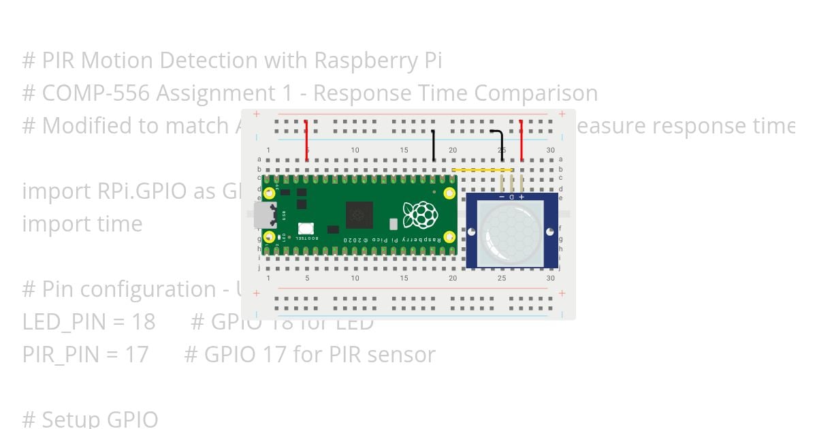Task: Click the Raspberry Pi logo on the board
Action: point(420,214)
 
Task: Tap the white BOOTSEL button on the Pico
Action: point(306,229)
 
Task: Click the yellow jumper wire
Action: point(482,170)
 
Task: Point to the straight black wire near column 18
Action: point(434,144)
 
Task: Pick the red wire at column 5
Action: point(306,140)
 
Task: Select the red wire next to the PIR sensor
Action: point(522,140)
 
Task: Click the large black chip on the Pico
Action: point(359,215)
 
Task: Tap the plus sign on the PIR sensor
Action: point(522,197)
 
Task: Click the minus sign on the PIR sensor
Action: point(502,197)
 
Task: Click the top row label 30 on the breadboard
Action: point(550,150)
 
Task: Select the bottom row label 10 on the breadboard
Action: point(355,278)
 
